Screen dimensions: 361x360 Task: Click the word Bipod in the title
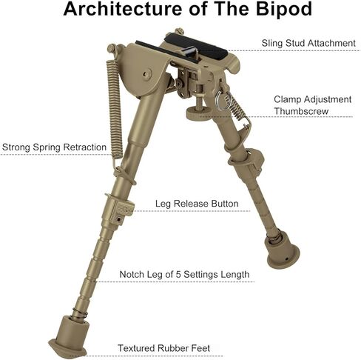[284, 9]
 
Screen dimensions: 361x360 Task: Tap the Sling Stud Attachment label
[308, 43]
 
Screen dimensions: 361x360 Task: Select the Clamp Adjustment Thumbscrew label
[313, 105]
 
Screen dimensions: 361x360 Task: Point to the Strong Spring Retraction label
[54, 147]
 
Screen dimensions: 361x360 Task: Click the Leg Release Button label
[197, 204]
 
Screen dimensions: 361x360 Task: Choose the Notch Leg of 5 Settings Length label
[184, 274]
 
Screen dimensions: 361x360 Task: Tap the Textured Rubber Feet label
[163, 348]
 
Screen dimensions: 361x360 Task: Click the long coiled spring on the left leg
[115, 109]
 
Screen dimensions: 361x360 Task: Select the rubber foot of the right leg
[282, 249]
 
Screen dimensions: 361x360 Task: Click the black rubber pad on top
[196, 46]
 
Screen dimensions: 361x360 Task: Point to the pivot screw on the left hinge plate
[147, 73]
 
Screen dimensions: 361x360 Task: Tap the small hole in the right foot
[286, 259]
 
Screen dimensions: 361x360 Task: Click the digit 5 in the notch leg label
[178, 274]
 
